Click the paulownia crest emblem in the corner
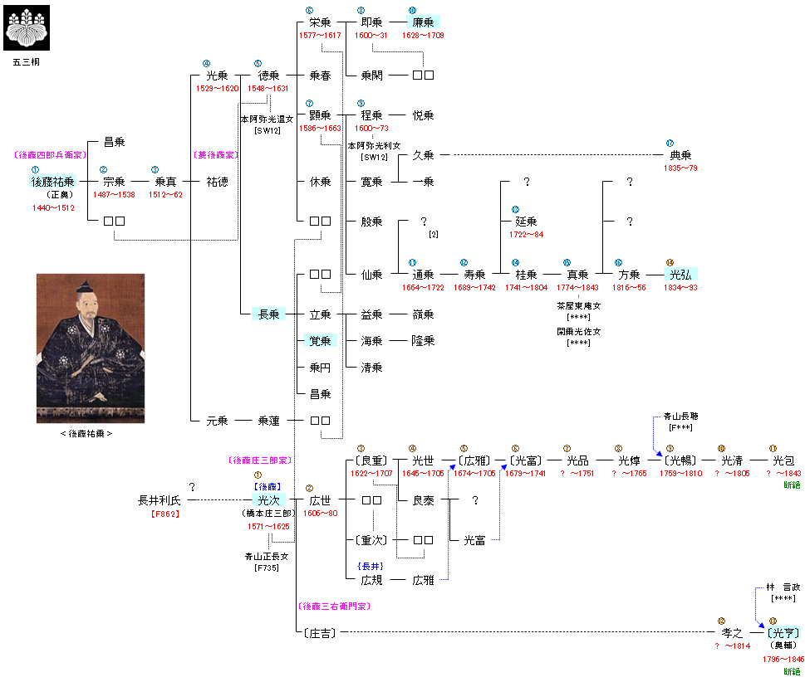[x=27, y=27]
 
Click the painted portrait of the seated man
[x=91, y=348]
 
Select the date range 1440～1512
[x=52, y=207]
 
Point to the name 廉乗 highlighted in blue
[x=424, y=22]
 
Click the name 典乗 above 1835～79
[x=680, y=155]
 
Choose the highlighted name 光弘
[x=680, y=275]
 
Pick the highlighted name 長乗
[x=268, y=314]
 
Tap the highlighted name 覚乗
[x=320, y=341]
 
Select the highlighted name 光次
[x=268, y=500]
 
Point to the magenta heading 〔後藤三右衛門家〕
[x=332, y=606]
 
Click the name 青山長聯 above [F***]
[x=680, y=416]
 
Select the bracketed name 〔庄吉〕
[x=319, y=633]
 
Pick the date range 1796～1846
[x=783, y=659]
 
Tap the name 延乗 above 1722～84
[x=526, y=222]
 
